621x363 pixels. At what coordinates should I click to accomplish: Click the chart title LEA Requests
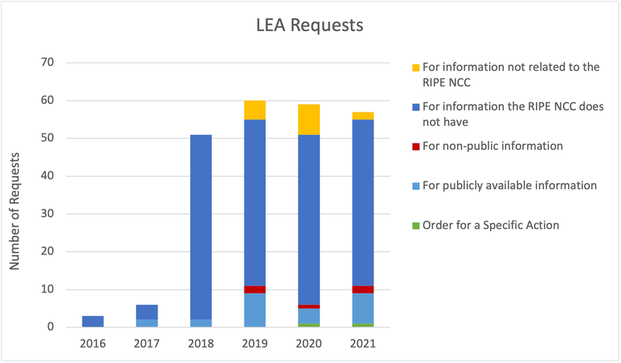(310, 26)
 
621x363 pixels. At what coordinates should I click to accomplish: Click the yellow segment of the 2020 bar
(308, 119)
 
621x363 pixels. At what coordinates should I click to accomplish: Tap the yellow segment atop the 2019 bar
(255, 110)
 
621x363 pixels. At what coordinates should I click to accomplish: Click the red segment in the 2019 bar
(255, 289)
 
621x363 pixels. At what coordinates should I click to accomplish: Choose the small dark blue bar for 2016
(92, 321)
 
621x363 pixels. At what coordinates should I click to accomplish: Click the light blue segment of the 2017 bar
(147, 323)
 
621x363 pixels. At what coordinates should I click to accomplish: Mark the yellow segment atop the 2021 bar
(363, 116)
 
